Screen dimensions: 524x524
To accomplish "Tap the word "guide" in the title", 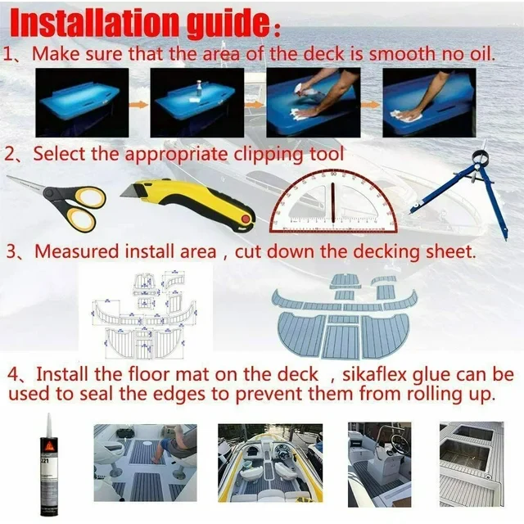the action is pos(228,24).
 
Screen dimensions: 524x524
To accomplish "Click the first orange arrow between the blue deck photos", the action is pos(138,105).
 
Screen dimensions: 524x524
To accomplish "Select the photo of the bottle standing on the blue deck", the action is pos(197,103).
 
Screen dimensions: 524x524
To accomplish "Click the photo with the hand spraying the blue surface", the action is pos(314,102).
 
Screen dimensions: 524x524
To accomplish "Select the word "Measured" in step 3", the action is pos(77,251).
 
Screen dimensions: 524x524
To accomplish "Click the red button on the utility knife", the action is pos(246,219).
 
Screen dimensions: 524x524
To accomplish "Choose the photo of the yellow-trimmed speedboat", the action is pos(270,463).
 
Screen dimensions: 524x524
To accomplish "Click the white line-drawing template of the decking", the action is pos(144,315).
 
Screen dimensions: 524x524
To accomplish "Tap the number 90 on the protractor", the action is pos(333,174).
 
